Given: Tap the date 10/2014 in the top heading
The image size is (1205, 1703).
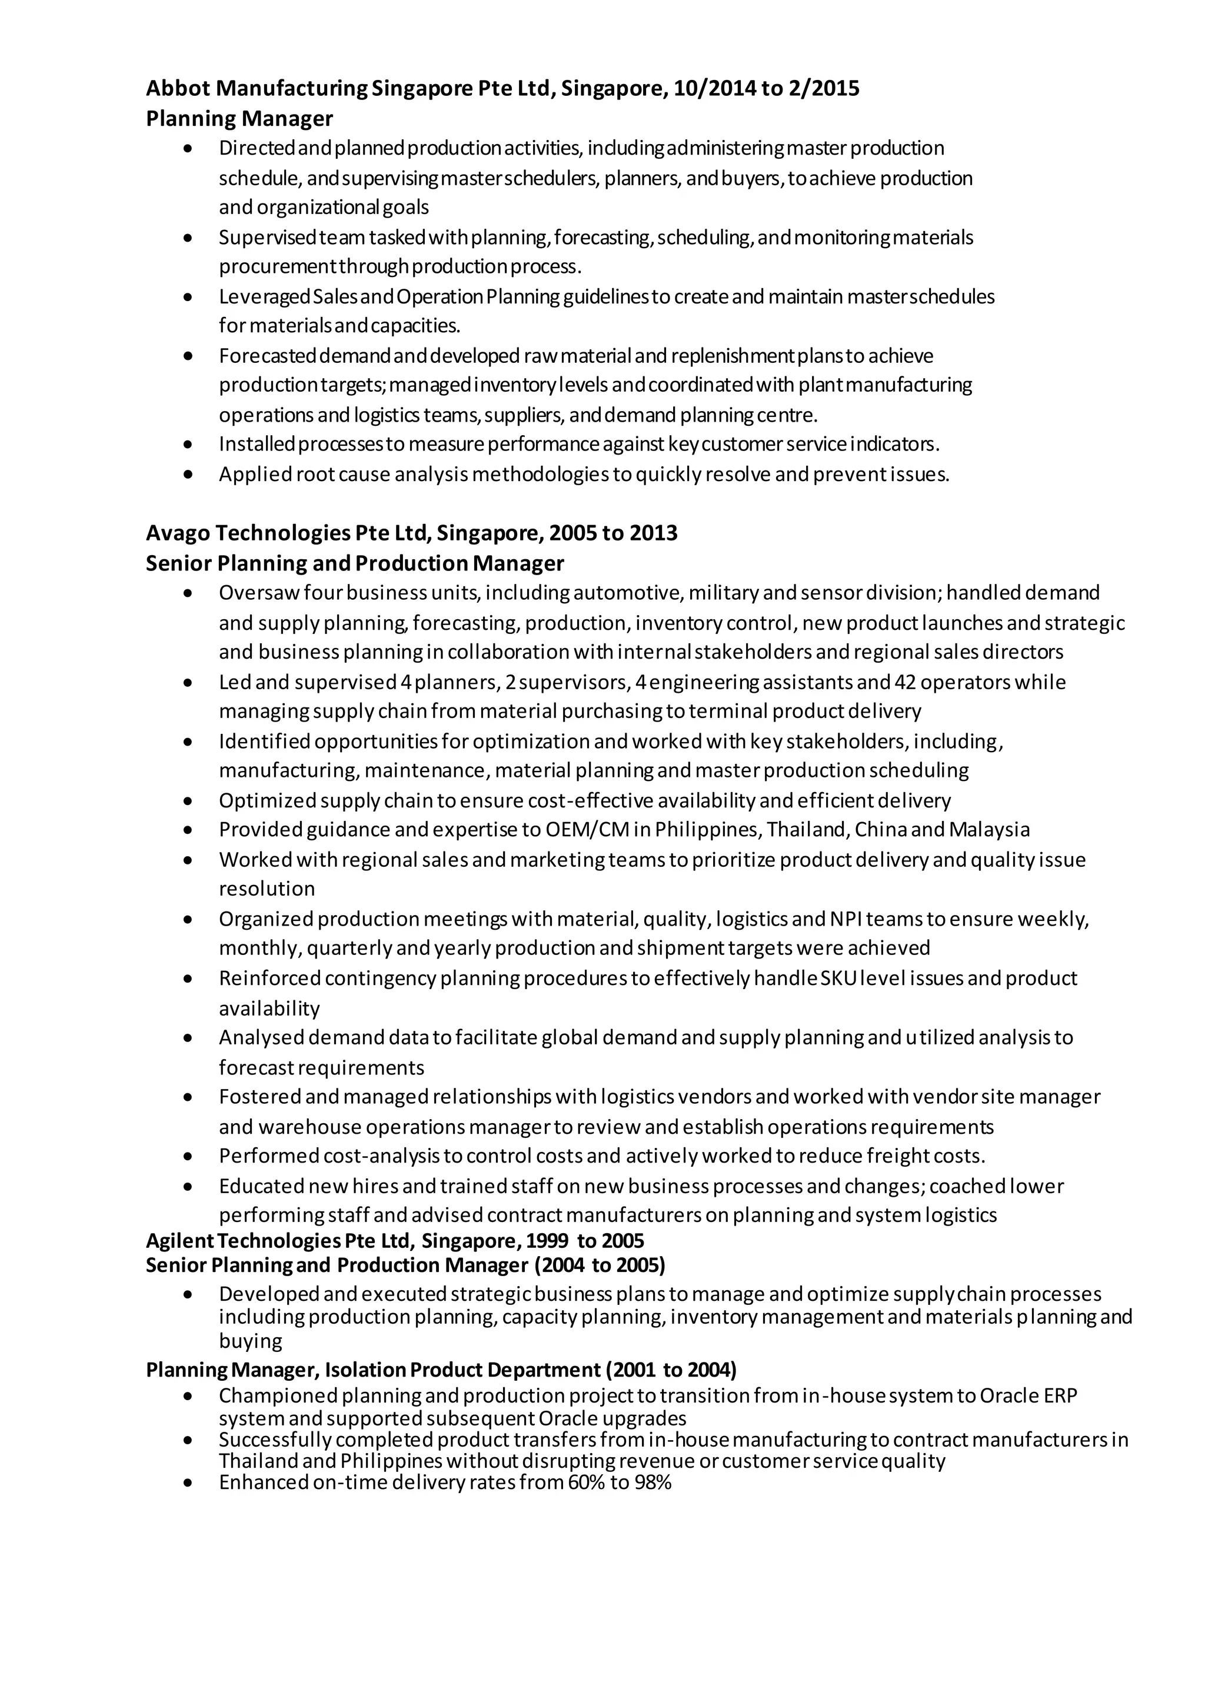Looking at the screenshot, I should click(714, 89).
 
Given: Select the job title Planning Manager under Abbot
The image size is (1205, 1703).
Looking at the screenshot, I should click(239, 119).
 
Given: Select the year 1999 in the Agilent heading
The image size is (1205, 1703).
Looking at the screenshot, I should click(548, 1241).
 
